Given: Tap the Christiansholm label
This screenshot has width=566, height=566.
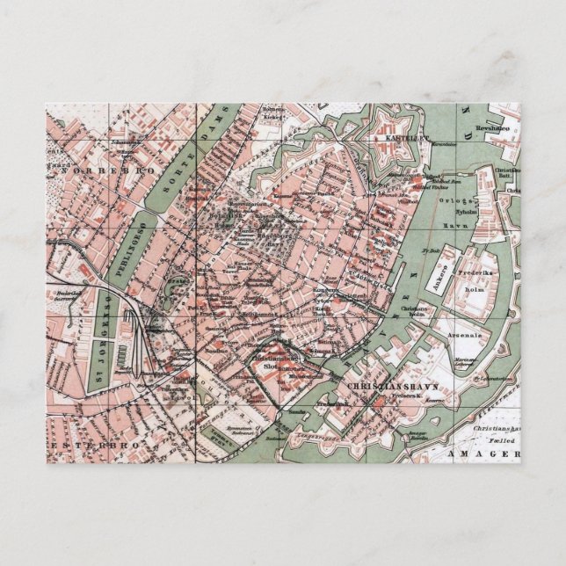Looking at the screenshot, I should click(417, 309).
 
